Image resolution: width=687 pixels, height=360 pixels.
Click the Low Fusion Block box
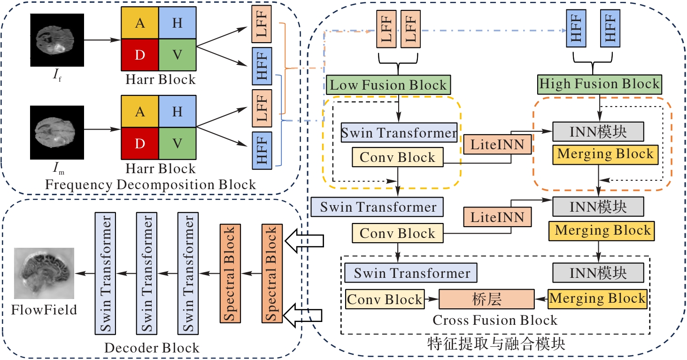click(x=388, y=85)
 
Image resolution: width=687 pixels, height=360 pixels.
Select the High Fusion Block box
click(x=600, y=84)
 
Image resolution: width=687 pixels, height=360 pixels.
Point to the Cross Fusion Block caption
click(x=494, y=321)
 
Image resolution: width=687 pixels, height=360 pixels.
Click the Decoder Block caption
click(x=152, y=348)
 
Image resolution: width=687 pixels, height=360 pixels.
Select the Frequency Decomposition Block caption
click(x=151, y=184)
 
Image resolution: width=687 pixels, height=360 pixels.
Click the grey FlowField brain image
click(x=44, y=273)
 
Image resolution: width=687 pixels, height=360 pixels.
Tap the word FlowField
click(x=45, y=310)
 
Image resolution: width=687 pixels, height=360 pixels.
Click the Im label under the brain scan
click(x=57, y=168)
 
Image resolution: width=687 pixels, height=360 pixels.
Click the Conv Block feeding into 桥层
click(x=384, y=299)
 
